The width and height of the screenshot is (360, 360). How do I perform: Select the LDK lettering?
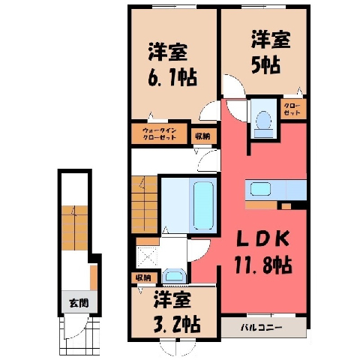pyautogui.click(x=262, y=238)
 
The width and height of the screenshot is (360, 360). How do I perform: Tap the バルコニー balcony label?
pyautogui.click(x=261, y=327)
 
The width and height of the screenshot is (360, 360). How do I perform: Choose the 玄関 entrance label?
pyautogui.click(x=79, y=303)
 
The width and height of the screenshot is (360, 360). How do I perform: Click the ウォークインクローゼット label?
pyautogui.click(x=160, y=134)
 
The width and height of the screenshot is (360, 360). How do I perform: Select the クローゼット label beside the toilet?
pyautogui.click(x=292, y=109)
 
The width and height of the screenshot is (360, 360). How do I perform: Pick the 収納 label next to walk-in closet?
pyautogui.click(x=202, y=136)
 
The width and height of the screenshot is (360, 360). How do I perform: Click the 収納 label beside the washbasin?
pyautogui.click(x=143, y=277)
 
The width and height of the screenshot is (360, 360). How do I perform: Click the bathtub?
pyautogui.click(x=203, y=205)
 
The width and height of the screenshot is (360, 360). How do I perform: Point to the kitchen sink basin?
pyautogui.click(x=260, y=189)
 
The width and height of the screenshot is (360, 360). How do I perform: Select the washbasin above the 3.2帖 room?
pyautogui.click(x=174, y=276)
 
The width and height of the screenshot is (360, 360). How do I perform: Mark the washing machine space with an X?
pyautogui.click(x=147, y=256)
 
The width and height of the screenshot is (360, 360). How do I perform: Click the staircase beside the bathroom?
pyautogui.click(x=144, y=205)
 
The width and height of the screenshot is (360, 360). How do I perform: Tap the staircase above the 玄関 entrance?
pyautogui.click(x=75, y=228)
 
